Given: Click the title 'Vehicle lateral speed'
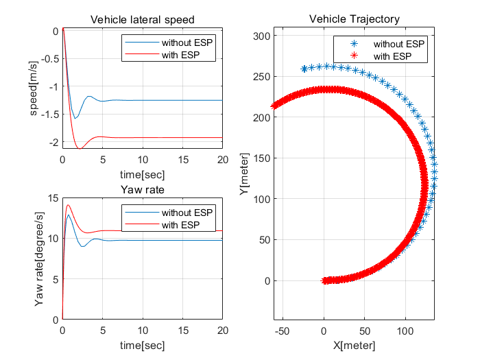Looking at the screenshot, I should pos(142,19).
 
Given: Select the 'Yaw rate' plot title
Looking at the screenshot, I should pos(142,190).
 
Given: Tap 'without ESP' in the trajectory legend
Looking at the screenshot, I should pos(398,44).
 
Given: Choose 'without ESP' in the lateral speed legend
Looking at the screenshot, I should pos(187,43).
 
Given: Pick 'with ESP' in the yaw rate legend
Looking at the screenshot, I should pos(180,224).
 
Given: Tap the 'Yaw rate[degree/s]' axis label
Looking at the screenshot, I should pos(39,259).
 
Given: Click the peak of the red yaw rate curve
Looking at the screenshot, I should pos(68,205).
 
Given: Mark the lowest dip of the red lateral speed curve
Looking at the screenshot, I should pos(80,148).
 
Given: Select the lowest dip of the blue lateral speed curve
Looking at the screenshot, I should pos(75,118).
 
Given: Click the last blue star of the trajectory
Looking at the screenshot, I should pos(304,69).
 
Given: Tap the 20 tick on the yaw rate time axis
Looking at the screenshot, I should pos(222,329).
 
